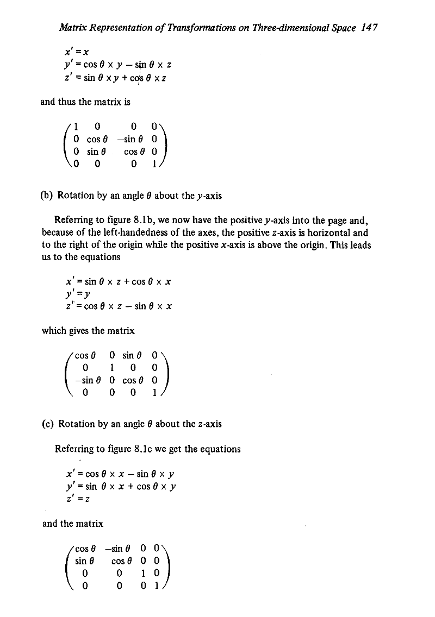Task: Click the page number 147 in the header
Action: [370, 27]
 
